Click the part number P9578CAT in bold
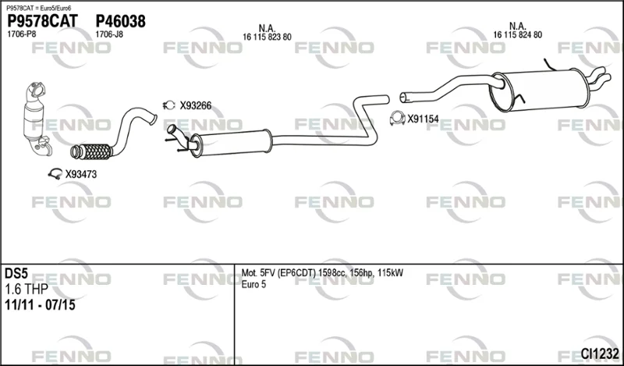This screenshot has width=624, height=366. pos(43,21)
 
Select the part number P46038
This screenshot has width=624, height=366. pos(121,21)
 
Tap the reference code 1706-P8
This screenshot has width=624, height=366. pos(22,34)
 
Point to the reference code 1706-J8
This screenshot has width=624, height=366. pos(109,34)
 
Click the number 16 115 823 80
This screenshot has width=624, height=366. pos(267,37)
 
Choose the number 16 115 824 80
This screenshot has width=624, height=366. pos(518,35)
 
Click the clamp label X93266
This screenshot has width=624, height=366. pos(196,106)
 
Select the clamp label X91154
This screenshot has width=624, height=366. pos(423,119)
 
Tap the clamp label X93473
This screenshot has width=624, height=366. pos(81,175)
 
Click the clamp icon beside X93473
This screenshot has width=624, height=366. pos(55,174)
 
